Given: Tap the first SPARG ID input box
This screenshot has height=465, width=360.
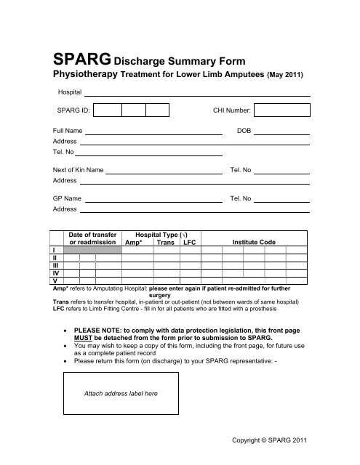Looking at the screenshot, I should tap(108, 110).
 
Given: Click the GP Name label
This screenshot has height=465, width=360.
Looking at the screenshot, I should tap(63, 197).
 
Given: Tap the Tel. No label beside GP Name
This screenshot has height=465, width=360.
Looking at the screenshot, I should tap(240, 197).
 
